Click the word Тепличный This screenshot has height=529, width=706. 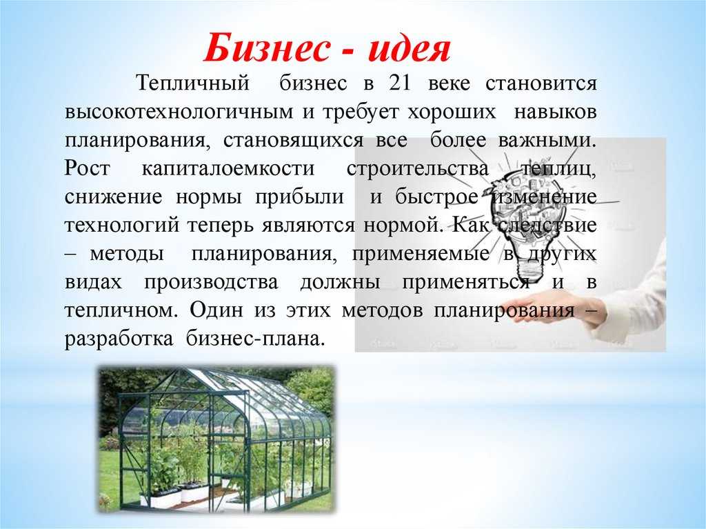pos(193,84)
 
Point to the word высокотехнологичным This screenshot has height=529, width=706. pos(179,112)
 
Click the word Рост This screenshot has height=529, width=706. pos(88,168)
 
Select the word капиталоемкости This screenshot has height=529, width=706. pos(228,168)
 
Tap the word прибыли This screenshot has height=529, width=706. pos(299,197)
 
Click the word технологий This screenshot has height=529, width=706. pos(122,226)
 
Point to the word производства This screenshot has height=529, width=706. pos(211,282)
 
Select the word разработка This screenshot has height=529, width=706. pos(119,339)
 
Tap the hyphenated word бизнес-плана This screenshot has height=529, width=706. pos(255,339)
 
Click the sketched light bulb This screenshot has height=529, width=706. pos(527,220)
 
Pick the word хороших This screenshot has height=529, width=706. pos(452,112)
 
